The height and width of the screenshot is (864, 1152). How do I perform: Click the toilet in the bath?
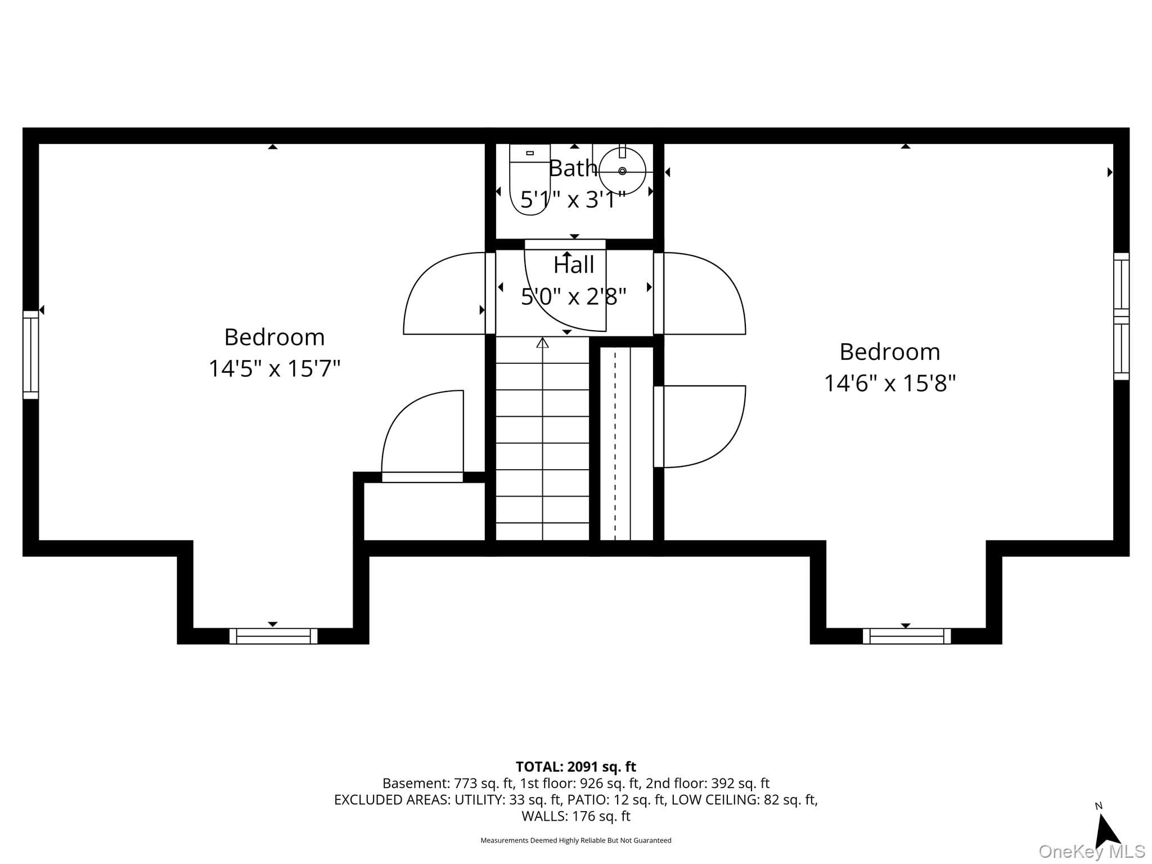click(x=529, y=179)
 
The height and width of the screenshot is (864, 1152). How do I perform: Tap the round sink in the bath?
click(x=622, y=171)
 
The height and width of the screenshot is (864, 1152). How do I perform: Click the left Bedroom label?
click(x=274, y=337)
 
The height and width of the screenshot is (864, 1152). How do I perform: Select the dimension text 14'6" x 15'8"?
click(x=890, y=384)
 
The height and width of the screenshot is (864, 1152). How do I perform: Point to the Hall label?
click(x=574, y=265)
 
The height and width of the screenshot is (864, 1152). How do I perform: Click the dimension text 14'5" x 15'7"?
click(x=274, y=369)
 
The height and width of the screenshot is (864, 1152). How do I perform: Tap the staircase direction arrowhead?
click(x=542, y=343)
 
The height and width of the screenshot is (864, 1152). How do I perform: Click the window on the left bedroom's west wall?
click(x=31, y=354)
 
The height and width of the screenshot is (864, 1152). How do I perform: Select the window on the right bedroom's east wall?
click(x=1122, y=316)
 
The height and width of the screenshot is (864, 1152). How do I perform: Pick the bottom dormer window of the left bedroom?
click(x=273, y=636)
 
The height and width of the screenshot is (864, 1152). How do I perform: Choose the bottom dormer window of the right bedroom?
click(x=907, y=636)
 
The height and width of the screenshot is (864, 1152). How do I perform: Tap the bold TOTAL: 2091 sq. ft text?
click(x=576, y=767)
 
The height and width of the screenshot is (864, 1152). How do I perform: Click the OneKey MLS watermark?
click(x=1092, y=852)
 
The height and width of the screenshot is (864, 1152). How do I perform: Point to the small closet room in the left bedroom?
click(x=424, y=511)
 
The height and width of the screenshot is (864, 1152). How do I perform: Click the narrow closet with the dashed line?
click(x=626, y=444)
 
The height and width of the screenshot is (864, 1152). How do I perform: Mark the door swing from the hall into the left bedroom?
click(x=444, y=293)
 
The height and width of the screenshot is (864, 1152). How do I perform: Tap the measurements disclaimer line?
click(x=576, y=840)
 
